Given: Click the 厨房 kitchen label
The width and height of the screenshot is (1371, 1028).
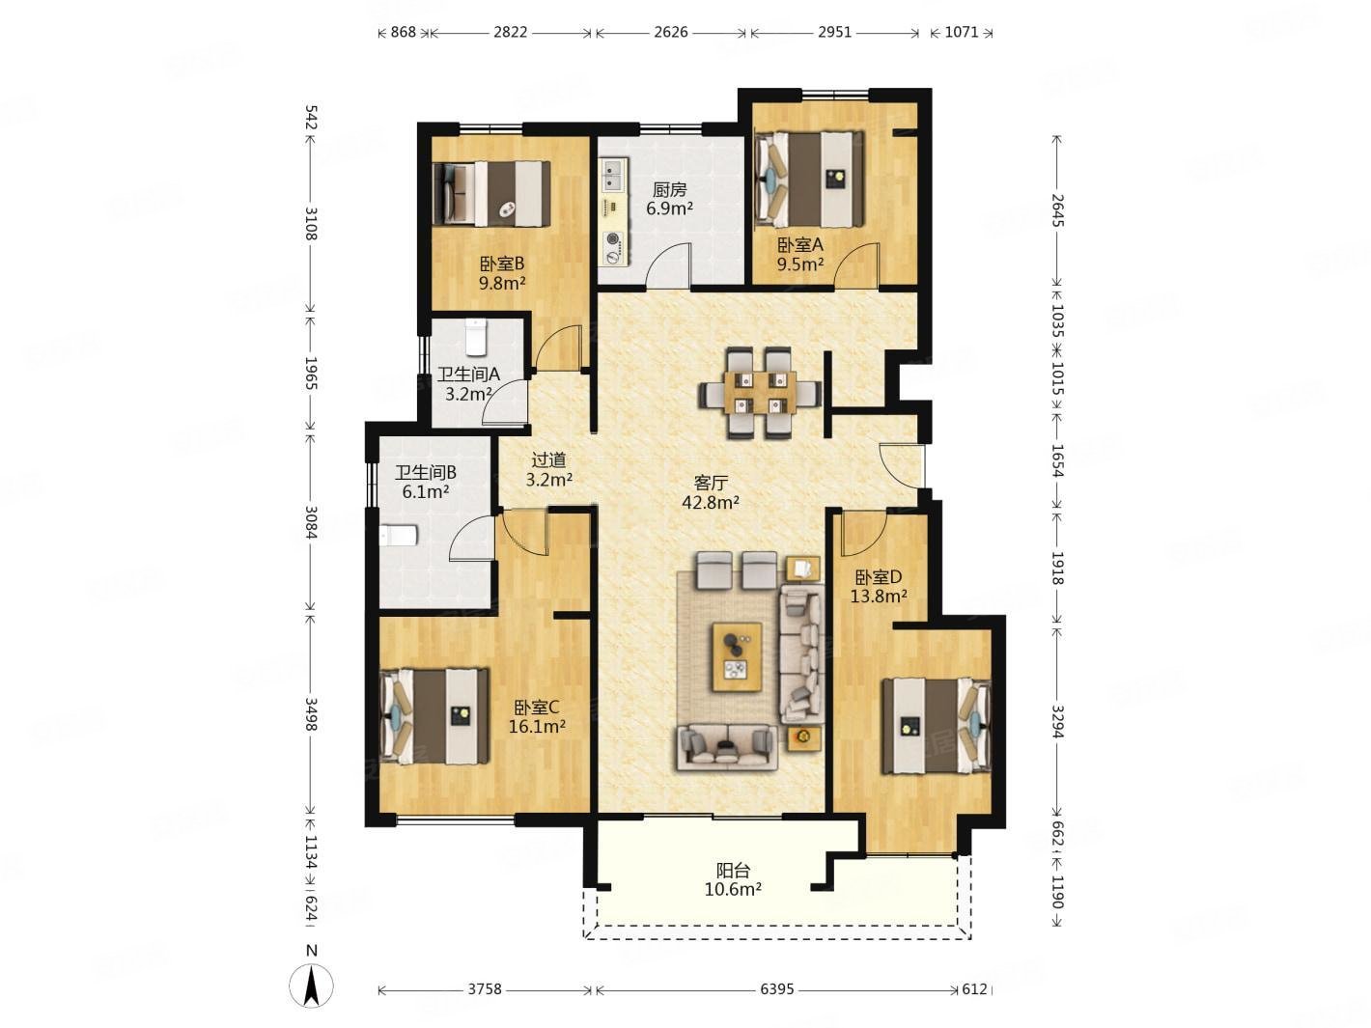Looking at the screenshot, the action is (x=669, y=189).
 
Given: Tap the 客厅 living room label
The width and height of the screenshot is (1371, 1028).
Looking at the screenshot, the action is (x=711, y=483).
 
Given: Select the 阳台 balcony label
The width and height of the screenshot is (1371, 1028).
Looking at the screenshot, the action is (x=732, y=870).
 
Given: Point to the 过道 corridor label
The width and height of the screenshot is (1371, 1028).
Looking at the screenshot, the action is (x=548, y=460).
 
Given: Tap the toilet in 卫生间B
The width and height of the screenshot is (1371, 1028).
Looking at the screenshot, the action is (x=399, y=536).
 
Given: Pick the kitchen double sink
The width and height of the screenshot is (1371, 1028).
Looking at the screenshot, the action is (x=611, y=176).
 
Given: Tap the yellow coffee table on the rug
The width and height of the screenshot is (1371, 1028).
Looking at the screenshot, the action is (x=738, y=656).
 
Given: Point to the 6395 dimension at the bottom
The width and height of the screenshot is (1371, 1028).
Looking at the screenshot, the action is (x=777, y=989).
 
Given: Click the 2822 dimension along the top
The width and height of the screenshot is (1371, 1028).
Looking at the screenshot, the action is (x=511, y=32).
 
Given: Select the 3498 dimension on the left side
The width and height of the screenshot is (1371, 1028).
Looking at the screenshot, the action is (x=311, y=714).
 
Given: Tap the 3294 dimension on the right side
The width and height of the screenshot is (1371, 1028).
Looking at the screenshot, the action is (x=1057, y=722).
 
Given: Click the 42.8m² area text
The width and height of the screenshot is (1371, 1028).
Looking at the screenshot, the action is (x=711, y=502).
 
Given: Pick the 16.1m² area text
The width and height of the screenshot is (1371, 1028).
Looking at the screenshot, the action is (x=537, y=727).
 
